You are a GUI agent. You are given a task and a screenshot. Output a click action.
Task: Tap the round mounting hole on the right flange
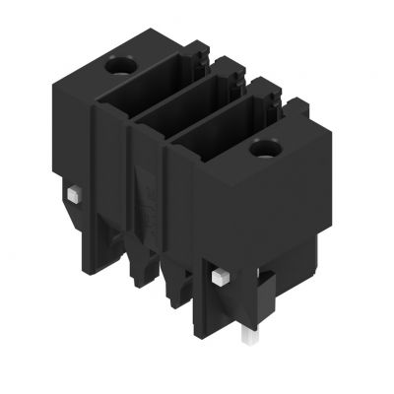pos(263,151)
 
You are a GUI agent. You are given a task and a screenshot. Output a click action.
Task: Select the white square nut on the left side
pos(76,192)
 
